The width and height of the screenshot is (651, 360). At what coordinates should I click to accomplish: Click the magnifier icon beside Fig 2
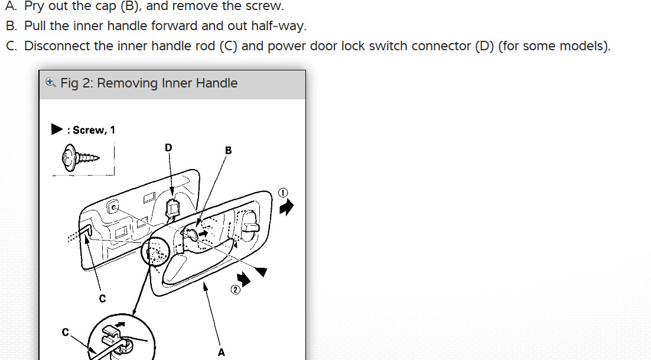pyautogui.click(x=50, y=83)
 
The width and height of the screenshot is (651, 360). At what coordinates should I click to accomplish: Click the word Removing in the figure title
pyautogui.click(x=122, y=83)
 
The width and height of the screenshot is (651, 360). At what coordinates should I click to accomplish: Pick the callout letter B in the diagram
pyautogui.click(x=229, y=151)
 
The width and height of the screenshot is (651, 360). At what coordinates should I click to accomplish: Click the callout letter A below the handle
pyautogui.click(x=221, y=352)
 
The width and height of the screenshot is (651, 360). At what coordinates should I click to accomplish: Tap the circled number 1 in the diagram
pyautogui.click(x=283, y=193)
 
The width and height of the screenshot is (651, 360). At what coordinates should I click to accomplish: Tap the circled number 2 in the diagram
pyautogui.click(x=235, y=290)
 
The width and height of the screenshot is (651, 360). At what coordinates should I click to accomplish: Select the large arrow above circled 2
pyautogui.click(x=243, y=278)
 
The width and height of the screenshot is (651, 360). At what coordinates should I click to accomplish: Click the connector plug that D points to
pyautogui.click(x=172, y=208)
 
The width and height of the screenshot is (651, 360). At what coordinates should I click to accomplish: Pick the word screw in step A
pyautogui.click(x=268, y=7)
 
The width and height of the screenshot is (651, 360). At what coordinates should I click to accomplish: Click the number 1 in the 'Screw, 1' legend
pyautogui.click(x=112, y=130)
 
